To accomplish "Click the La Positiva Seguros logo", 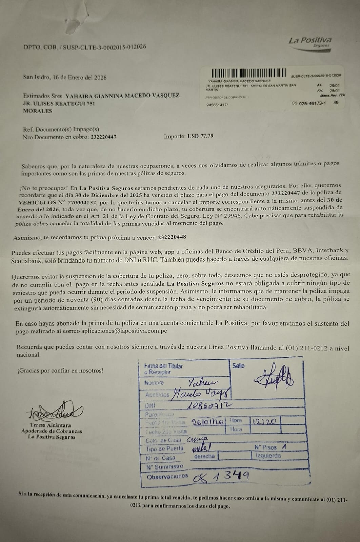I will (x=310, y=43).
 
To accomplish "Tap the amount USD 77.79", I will (x=200, y=137).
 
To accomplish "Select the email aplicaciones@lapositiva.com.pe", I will (x=124, y=331).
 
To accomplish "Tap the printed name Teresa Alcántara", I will (x=50, y=425).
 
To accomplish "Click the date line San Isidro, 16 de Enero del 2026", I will (x=65, y=77).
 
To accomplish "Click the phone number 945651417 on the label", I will (x=217, y=105).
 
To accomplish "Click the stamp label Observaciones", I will (x=167, y=476).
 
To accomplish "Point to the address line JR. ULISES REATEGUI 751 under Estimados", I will (x=59, y=103).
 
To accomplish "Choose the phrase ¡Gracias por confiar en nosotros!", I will (x=60, y=370).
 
